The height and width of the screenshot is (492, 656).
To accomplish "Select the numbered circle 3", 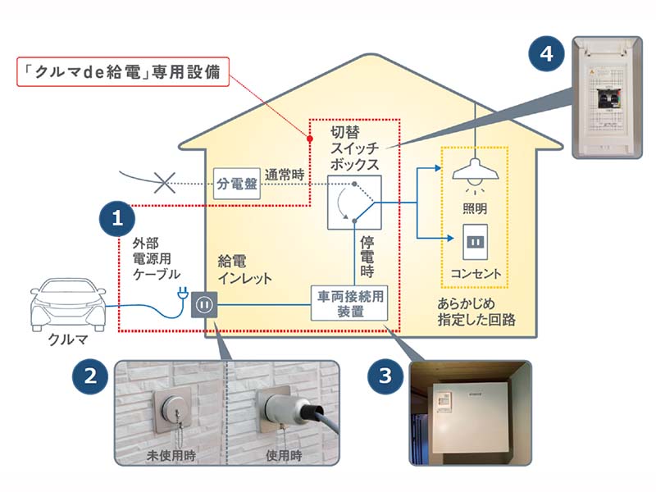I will pos(385,379).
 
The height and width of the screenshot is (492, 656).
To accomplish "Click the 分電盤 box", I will pos(237,184).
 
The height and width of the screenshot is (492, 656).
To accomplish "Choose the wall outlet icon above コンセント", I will pos(476,241).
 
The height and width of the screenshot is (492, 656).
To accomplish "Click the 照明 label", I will pos(476,209).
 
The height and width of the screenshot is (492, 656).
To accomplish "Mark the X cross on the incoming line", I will pos(166,182).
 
